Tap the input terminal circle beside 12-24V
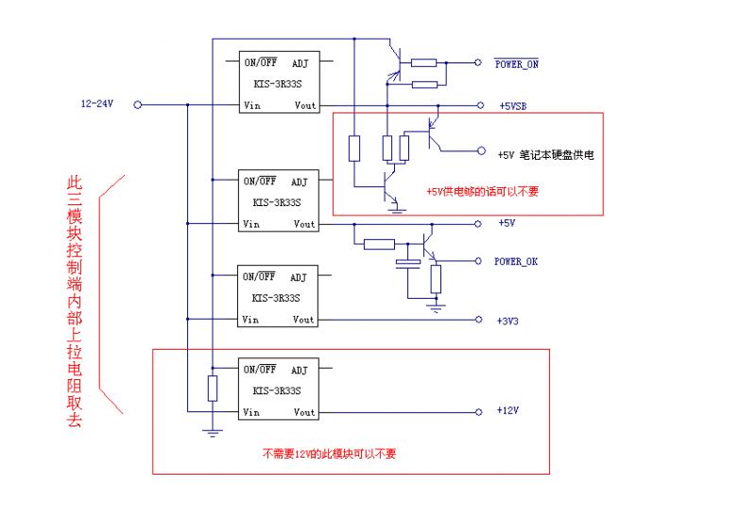point(138,105)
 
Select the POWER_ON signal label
point(517,64)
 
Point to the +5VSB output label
point(514,105)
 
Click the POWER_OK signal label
point(515,261)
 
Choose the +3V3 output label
point(508,321)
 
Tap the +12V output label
point(508,412)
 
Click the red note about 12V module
point(329,453)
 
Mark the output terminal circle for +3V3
point(477,320)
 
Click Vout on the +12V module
point(304,412)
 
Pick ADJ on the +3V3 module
point(299,278)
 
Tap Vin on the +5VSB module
point(251,105)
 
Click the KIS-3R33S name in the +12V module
point(277,391)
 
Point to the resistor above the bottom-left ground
point(213,388)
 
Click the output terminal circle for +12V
point(477,412)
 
